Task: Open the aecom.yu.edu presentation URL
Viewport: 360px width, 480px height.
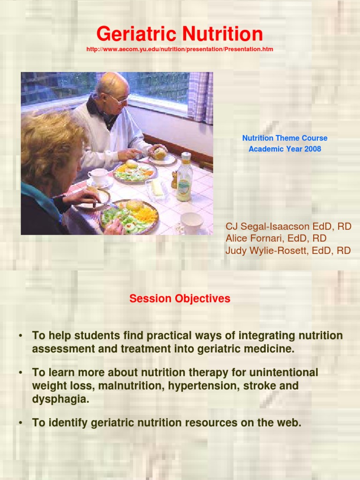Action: (x=180, y=49)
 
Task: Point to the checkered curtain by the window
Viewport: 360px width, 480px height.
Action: (x=200, y=96)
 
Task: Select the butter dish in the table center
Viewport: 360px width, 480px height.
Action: (x=156, y=189)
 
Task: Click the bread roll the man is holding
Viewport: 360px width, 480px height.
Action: (x=160, y=153)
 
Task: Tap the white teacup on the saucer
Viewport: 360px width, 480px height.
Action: (x=98, y=176)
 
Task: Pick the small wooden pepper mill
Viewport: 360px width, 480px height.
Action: (x=174, y=180)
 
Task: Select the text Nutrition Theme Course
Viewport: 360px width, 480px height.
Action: (x=285, y=138)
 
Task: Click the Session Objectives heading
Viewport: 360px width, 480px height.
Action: (x=180, y=299)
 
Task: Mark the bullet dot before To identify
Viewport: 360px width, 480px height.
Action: (x=21, y=423)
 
